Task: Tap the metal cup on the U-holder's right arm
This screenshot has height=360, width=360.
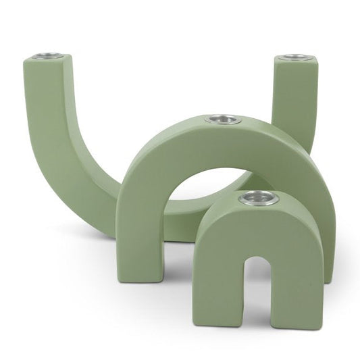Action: (x=296, y=57)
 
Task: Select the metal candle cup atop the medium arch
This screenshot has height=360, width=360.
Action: (x=223, y=120)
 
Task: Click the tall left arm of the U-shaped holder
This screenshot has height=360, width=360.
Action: (x=47, y=122)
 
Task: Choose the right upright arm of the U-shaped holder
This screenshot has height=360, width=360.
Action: (x=295, y=101)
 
